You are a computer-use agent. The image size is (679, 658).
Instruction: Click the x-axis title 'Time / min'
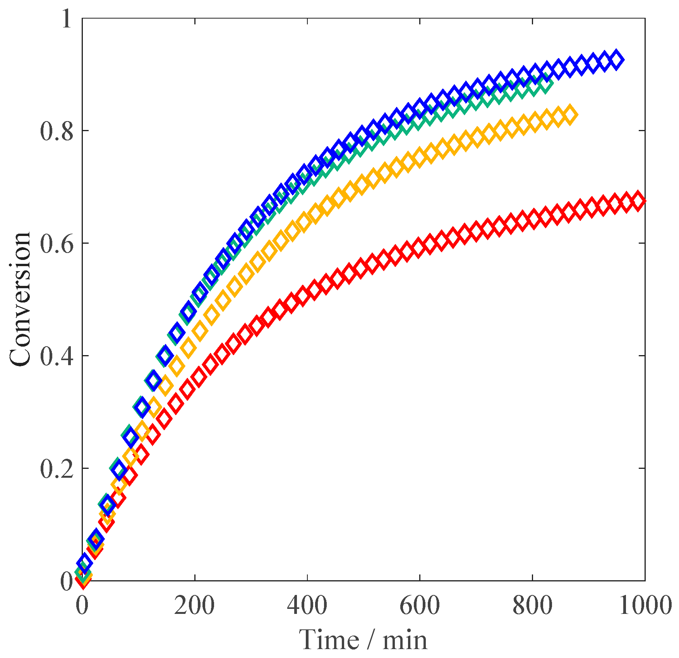click(363, 639)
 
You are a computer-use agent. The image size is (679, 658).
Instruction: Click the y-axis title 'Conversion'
click(20, 299)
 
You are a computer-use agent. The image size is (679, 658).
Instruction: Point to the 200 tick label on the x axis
click(194, 605)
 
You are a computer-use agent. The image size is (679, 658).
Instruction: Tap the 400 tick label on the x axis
click(307, 605)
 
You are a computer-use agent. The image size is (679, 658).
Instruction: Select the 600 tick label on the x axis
click(420, 605)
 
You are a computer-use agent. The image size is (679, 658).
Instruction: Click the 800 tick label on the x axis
click(532, 605)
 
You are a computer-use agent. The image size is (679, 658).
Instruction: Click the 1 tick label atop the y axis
click(67, 19)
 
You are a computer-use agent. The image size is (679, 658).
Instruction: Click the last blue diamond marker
click(616, 60)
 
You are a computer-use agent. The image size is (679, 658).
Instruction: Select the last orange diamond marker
click(569, 114)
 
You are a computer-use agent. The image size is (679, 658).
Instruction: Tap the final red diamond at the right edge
click(638, 201)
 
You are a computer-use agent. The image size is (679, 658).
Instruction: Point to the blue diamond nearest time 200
click(189, 311)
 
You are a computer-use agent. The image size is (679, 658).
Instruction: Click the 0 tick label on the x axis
click(82, 605)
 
